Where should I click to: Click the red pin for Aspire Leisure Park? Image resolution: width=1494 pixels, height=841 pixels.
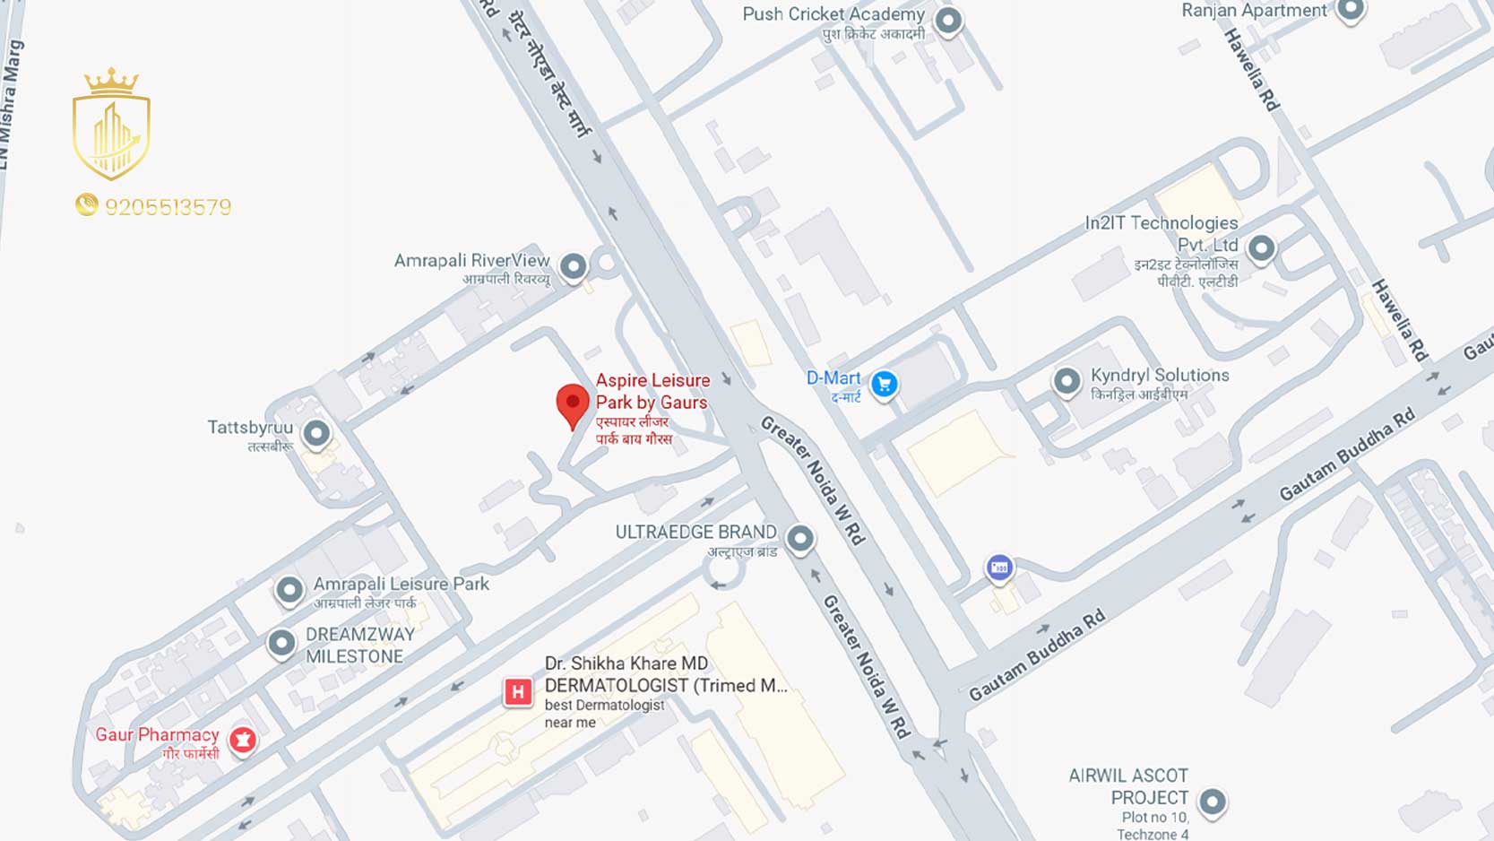tap(573, 403)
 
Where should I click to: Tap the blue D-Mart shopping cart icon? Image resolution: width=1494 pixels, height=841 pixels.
tap(885, 385)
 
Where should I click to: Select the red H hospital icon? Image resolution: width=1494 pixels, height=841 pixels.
tap(517, 692)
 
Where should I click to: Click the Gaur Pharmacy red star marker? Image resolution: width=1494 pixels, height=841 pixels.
tap(243, 740)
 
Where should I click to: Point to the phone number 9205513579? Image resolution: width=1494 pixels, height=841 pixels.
tap(168, 207)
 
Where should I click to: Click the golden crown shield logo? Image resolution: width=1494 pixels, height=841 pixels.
tap(111, 126)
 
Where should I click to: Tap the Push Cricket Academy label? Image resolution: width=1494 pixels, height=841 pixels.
tap(833, 14)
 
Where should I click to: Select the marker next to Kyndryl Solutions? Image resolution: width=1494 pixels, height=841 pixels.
tap(1067, 381)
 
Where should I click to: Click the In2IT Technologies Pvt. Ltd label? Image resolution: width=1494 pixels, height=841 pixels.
tap(1162, 233)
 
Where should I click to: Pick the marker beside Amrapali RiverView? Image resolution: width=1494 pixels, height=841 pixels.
tap(574, 266)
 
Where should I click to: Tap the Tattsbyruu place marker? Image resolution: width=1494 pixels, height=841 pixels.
tap(316, 433)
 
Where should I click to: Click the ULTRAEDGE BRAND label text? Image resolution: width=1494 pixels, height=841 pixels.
tap(695, 532)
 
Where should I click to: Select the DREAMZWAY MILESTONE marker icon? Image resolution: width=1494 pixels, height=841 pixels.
tap(281, 643)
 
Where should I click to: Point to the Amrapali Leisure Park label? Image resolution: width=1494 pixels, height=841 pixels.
tap(401, 584)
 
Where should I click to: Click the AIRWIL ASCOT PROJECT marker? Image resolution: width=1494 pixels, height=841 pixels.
tap(1213, 801)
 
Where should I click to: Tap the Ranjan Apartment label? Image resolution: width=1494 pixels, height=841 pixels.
tap(1253, 11)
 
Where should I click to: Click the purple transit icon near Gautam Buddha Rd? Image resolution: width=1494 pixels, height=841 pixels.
tap(999, 568)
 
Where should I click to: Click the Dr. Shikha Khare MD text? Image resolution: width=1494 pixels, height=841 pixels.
tap(626, 663)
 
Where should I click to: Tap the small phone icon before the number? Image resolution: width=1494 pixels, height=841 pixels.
tap(86, 205)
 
